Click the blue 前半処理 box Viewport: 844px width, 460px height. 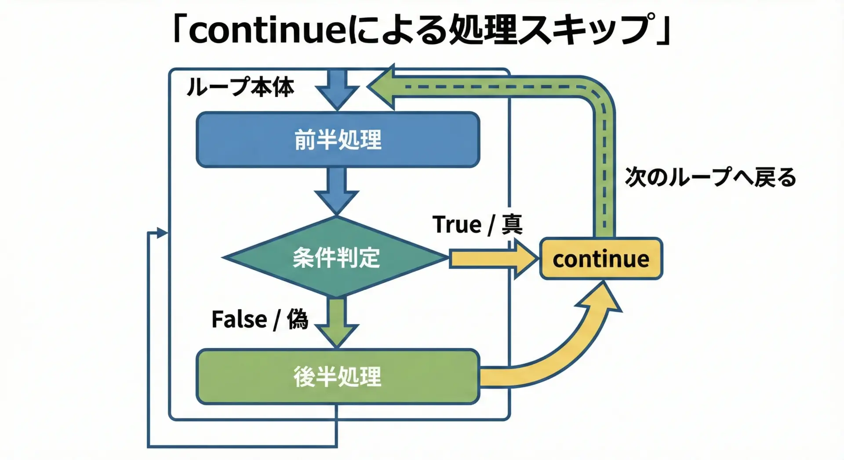point(338,140)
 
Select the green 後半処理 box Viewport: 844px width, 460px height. point(338,377)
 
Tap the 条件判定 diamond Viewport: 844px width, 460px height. point(336,257)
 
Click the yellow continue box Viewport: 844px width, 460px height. point(601,259)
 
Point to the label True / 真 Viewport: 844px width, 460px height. point(477,225)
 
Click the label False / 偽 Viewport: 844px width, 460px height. point(260,319)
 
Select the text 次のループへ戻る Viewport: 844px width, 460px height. point(711,177)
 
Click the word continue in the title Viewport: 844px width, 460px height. point(269,30)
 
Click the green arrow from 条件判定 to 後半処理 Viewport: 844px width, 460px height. point(337,322)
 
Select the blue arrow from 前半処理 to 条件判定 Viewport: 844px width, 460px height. point(337,192)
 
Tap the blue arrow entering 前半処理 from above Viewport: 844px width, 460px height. point(337,89)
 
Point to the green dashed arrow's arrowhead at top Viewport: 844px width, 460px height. point(382,87)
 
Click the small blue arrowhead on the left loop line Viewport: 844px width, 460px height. point(162,233)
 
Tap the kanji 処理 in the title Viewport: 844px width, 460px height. point(483,30)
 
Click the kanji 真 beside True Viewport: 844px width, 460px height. point(512,225)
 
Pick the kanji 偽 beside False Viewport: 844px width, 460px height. point(298,319)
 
